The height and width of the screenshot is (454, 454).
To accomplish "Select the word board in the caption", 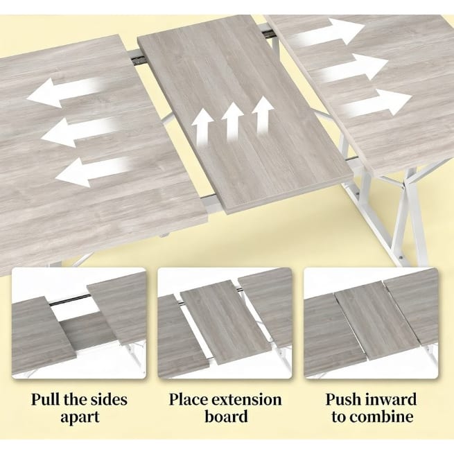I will [x=226, y=417].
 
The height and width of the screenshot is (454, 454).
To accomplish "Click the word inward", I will [x=392, y=400].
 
